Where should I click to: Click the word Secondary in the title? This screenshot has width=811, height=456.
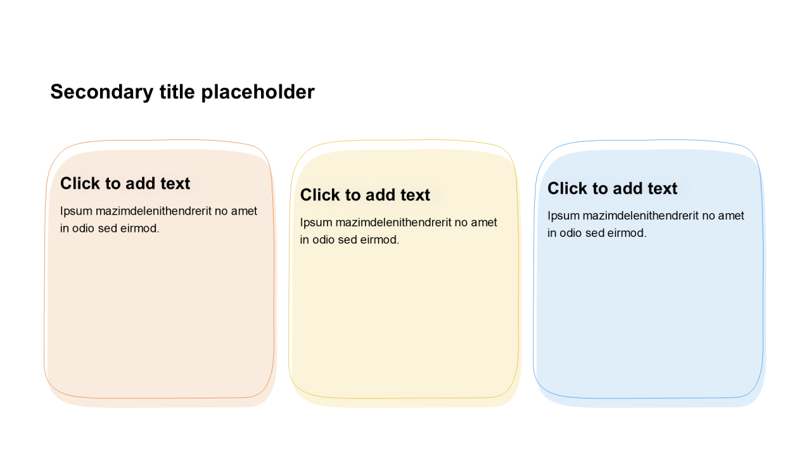(102, 92)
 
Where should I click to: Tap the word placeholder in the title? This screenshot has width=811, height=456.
(258, 92)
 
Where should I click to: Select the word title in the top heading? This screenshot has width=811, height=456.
(177, 92)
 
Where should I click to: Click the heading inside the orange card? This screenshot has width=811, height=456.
(125, 184)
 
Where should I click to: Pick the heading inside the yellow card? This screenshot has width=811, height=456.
(365, 195)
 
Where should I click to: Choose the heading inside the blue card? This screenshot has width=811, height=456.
(612, 189)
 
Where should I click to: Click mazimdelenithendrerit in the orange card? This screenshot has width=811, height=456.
(153, 211)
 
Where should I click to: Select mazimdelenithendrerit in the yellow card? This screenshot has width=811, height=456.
(393, 222)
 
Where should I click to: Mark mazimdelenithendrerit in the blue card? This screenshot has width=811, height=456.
(641, 216)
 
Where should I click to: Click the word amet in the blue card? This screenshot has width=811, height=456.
(731, 216)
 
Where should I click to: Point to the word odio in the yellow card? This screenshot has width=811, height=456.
(323, 240)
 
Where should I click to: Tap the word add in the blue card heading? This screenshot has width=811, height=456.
(627, 189)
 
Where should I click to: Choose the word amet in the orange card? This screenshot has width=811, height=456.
(244, 212)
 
